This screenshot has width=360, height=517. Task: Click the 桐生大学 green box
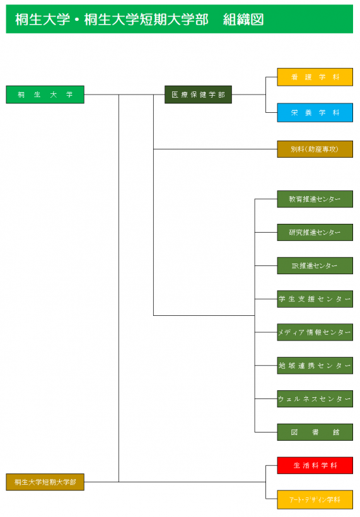point(45,95)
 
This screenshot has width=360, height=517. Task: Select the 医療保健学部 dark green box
point(198,95)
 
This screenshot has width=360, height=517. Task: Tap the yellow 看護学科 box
point(315,77)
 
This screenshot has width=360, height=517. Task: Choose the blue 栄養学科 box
point(315,113)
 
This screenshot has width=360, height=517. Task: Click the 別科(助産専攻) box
point(315,149)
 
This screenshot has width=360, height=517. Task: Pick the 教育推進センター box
point(315,199)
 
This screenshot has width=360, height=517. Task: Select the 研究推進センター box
point(315,233)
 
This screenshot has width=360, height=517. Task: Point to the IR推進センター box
point(315,266)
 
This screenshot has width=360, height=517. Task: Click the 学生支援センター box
point(315,299)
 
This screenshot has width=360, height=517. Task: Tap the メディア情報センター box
point(315,332)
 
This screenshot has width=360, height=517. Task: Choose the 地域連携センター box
point(315,366)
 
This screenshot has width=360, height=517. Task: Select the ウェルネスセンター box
point(315,399)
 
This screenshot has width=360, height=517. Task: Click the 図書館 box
point(315,433)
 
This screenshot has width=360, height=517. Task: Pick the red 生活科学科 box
point(315,465)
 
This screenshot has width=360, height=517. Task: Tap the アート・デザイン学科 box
point(315,500)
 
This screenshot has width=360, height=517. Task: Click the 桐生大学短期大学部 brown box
point(45,482)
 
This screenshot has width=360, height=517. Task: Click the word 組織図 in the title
point(243,20)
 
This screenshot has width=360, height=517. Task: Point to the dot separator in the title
point(77,20)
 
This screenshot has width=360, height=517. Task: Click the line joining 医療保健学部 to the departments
point(249,95)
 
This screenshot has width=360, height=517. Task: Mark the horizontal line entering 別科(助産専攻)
point(215,149)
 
